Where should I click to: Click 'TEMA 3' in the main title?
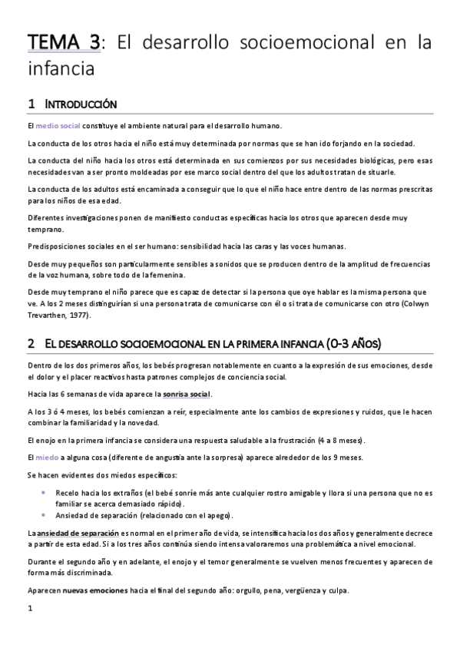tap(64, 44)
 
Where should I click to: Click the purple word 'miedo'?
tap(47, 457)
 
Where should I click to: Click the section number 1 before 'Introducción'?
tap(31, 103)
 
